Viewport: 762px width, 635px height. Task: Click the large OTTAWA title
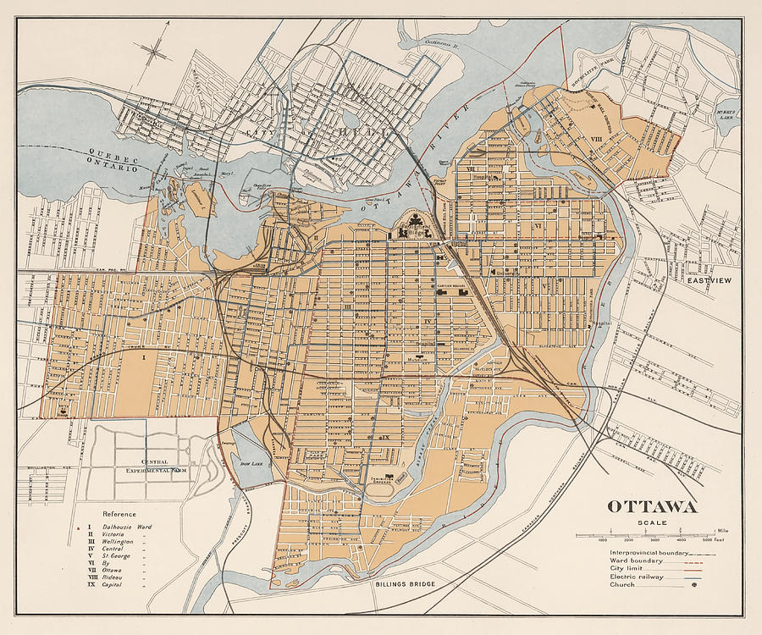[651, 507]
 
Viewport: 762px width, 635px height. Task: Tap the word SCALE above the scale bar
[651, 523]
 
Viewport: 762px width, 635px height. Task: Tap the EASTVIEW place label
[710, 279]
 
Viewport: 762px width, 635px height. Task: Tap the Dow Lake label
[251, 464]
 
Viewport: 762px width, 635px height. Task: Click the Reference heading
[119, 514]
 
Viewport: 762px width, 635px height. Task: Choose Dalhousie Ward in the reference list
[127, 527]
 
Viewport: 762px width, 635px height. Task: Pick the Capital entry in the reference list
[112, 585]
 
